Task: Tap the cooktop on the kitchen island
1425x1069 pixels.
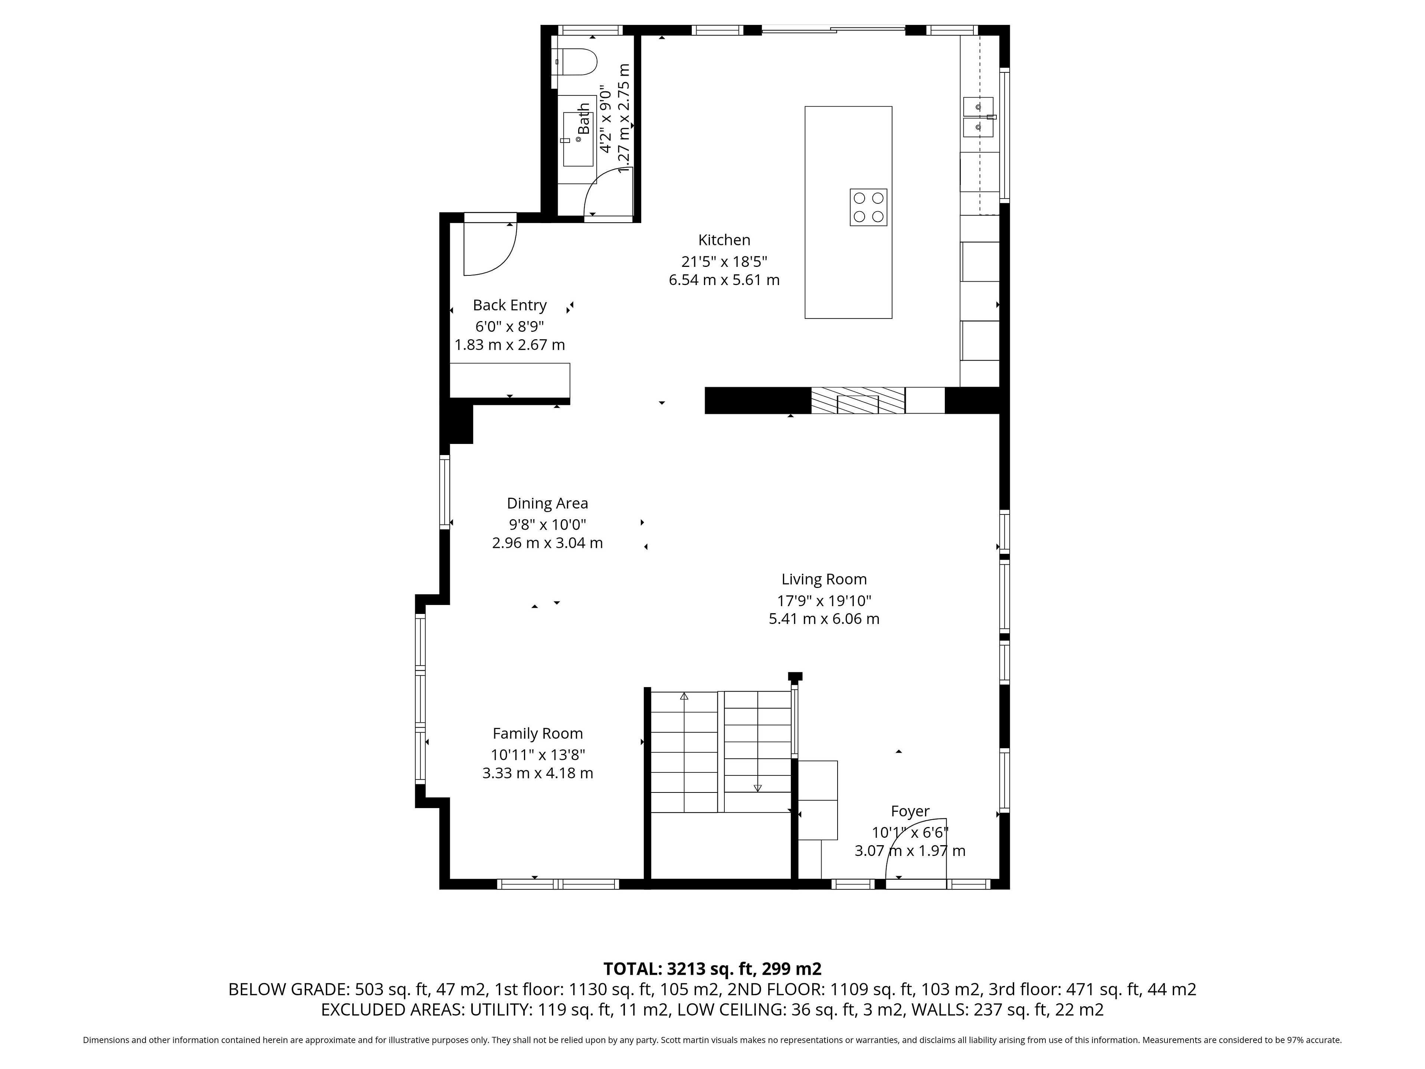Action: coord(868,207)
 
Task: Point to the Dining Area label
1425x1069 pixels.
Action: coord(548,503)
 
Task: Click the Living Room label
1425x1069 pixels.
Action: coord(824,579)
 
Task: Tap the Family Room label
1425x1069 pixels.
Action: coord(538,733)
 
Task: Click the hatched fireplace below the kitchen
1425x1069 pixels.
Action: coord(858,400)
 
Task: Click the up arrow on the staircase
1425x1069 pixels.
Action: coord(684,696)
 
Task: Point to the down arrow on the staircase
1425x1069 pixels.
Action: coord(758,787)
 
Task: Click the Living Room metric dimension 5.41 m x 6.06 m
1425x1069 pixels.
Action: coord(824,619)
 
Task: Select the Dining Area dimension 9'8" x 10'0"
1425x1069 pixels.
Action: coord(548,524)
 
